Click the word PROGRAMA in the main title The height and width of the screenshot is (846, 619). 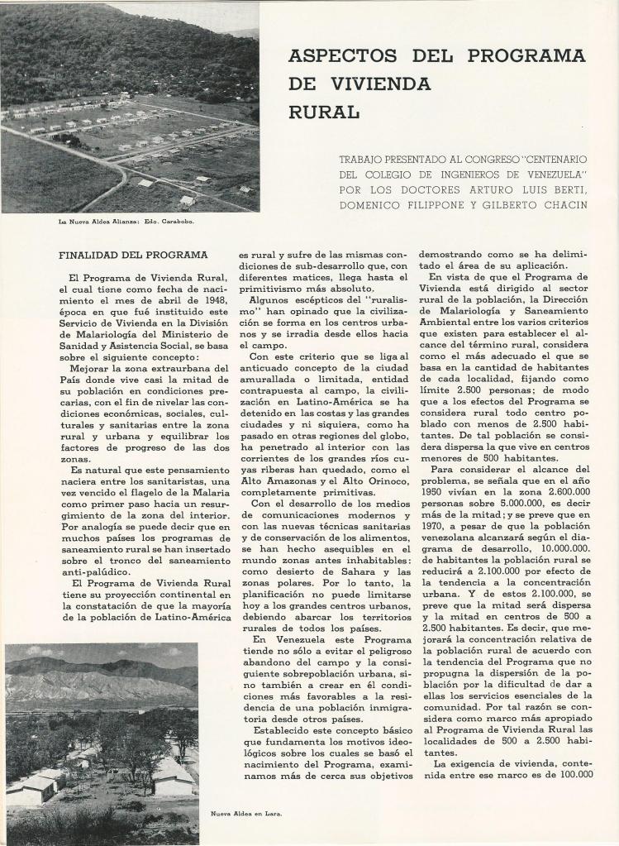[526, 56]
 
